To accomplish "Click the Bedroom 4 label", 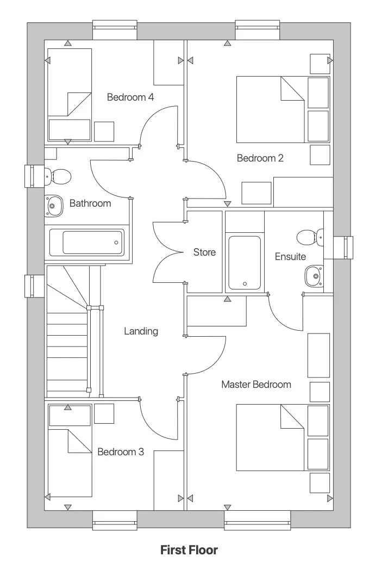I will (x=130, y=97).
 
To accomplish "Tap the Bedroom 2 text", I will (x=260, y=158).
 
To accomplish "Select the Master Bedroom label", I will (x=256, y=384).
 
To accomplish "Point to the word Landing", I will (x=141, y=331).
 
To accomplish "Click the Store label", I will (x=204, y=252).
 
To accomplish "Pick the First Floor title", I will (x=189, y=550).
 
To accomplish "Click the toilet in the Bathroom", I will (x=59, y=176).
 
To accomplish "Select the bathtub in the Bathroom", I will (x=87, y=243).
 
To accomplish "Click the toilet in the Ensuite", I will (x=308, y=237).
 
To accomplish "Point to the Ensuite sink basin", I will (x=312, y=276).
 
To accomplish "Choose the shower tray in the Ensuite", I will (x=245, y=262).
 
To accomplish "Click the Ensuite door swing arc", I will (x=283, y=318).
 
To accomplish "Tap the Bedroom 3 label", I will (x=121, y=452).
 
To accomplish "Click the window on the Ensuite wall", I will (x=345, y=248).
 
